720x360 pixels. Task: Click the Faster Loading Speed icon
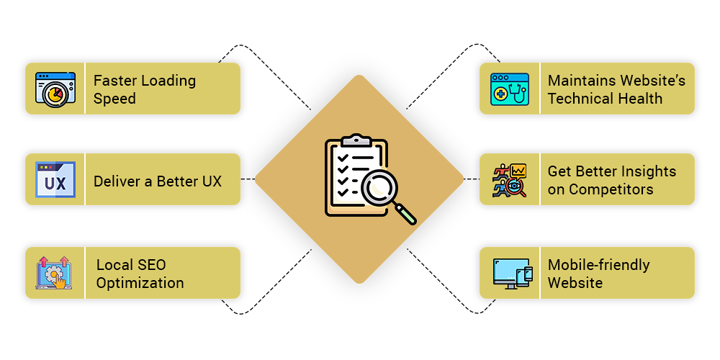(x=55, y=89)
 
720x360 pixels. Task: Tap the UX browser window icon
(x=55, y=180)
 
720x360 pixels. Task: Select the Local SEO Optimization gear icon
(x=55, y=273)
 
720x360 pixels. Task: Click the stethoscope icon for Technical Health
(x=509, y=89)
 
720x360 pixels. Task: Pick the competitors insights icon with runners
(x=510, y=180)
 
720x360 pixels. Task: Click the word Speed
(x=114, y=99)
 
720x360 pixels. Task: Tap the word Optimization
(x=140, y=283)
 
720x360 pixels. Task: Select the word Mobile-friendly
(x=598, y=265)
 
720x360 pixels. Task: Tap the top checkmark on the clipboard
(x=343, y=156)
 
